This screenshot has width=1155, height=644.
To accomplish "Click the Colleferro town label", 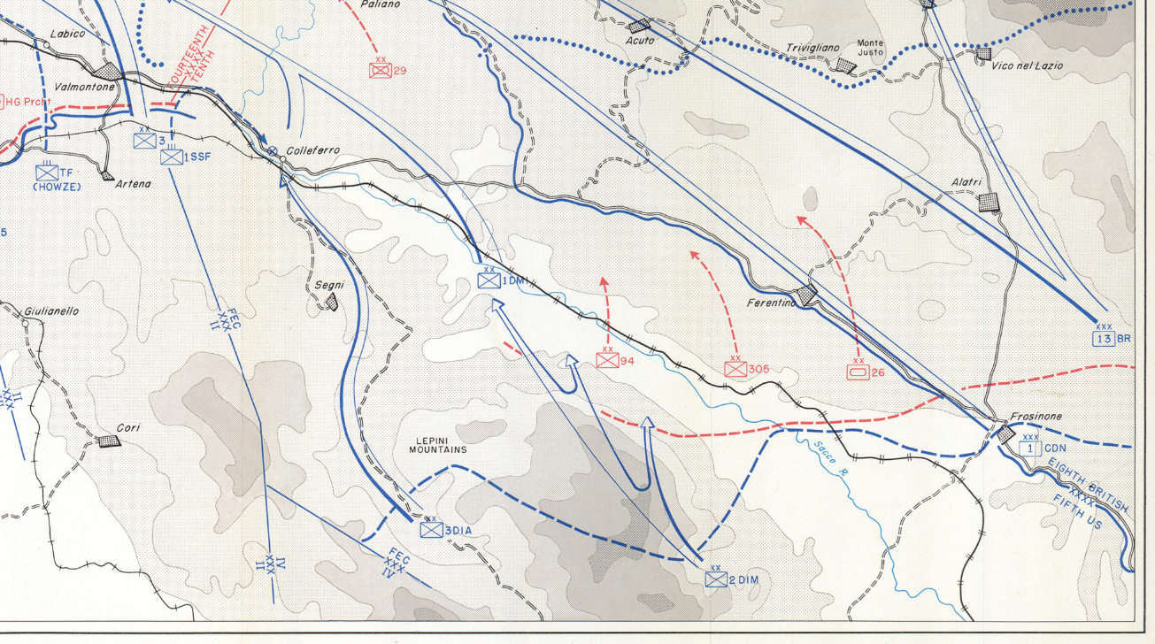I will [312, 151].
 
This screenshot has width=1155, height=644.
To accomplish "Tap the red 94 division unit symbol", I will [606, 361].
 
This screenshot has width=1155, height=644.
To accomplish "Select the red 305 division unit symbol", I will [735, 369].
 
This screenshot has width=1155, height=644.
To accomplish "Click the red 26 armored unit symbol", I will [858, 372].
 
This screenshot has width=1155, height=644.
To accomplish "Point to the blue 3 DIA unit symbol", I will [431, 530].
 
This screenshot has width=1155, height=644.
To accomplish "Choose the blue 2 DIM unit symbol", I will [716, 579].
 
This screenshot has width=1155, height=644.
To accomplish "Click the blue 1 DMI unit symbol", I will [489, 280].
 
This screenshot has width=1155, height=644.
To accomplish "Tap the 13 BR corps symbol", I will [1104, 338].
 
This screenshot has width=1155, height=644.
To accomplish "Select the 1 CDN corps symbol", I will [1030, 448].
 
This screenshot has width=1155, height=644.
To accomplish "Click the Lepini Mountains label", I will [437, 445].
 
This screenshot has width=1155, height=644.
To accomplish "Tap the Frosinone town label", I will [1036, 417].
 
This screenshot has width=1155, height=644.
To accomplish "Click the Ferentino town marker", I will [806, 295].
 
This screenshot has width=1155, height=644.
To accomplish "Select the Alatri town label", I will [966, 182].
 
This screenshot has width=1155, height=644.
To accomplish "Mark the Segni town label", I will [330, 285].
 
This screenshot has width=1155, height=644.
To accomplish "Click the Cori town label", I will [127, 427].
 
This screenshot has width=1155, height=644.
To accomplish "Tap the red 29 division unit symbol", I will [381, 70].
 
